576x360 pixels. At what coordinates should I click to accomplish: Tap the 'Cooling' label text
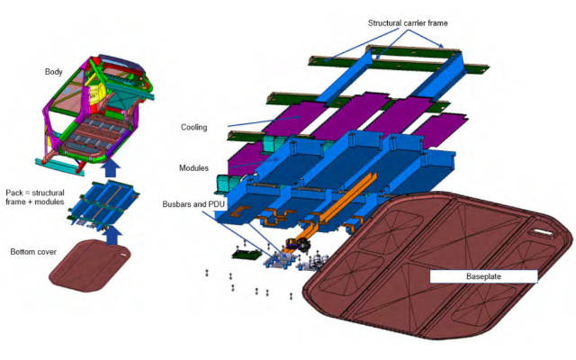(x=193, y=128)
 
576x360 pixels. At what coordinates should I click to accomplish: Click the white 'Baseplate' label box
(x=483, y=276)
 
